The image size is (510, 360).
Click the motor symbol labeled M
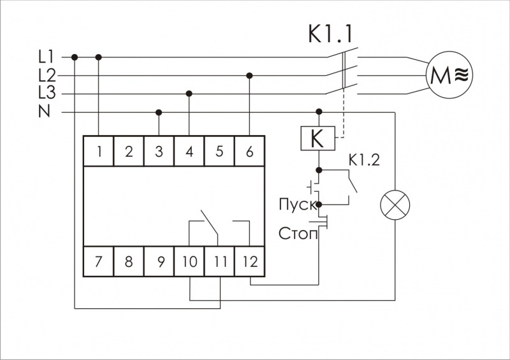pos(449,75)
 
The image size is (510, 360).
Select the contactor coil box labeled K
pos(317,138)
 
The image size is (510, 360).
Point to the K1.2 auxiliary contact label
pos(364,159)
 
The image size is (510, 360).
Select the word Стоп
pos(298,233)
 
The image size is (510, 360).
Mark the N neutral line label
pos(45,112)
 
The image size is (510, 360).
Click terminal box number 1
pos(99,152)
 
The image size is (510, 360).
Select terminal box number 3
pos(159,152)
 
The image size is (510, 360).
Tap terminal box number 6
pos(249,152)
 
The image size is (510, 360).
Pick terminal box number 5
pos(219,152)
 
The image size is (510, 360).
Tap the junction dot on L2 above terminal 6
pos(249,76)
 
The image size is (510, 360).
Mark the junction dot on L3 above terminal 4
pos(189,94)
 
